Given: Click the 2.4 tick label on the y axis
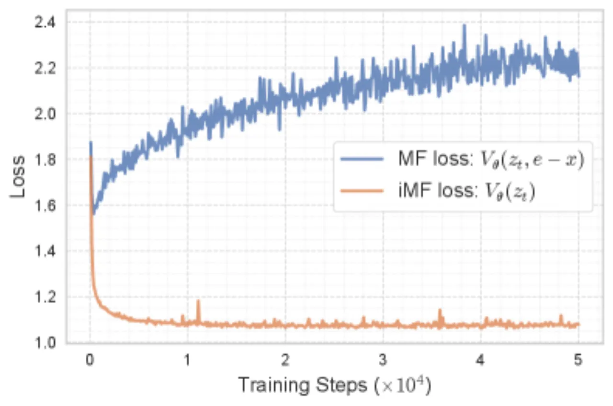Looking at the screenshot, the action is point(45,22).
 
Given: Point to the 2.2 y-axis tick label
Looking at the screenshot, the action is point(45,68).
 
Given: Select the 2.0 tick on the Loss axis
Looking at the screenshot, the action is point(45,114).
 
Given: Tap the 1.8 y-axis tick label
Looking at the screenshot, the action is point(45,160).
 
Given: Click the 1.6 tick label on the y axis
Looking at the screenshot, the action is point(45,205).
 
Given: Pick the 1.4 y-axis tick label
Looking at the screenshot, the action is point(45,251).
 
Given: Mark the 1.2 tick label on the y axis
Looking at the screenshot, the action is point(45,297).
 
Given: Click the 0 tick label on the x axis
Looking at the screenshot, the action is point(90,360).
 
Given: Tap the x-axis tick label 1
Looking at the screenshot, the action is point(187,360).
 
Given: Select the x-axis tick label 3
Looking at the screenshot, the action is point(383,360).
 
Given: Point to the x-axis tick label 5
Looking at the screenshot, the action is point(578,360).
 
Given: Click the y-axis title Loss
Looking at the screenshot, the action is point(18,177).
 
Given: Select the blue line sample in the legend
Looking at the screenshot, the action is point(362,159).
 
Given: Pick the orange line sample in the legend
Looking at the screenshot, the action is point(362,190).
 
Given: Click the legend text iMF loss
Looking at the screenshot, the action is point(436,190).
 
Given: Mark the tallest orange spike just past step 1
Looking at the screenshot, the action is point(198,301).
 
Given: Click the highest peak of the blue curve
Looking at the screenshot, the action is point(464,25).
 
